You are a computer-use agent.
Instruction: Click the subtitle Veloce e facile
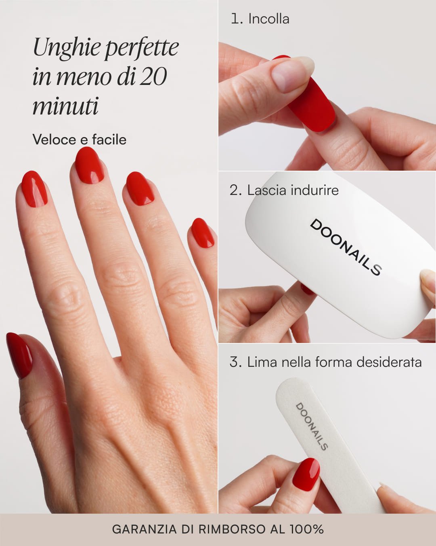[x=79, y=139]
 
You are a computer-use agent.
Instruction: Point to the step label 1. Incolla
[x=260, y=19]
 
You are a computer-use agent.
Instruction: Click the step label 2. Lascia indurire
[x=284, y=190]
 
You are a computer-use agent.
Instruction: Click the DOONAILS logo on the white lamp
[x=346, y=248]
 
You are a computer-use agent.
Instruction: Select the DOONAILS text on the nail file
[x=312, y=427]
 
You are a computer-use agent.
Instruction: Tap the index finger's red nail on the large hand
[x=34, y=189]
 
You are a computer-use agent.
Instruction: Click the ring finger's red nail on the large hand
[x=140, y=189]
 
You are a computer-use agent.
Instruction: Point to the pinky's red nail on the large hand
[x=203, y=233]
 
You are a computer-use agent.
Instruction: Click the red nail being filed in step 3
[x=306, y=473]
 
